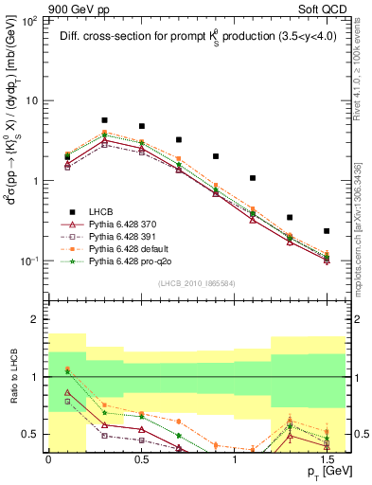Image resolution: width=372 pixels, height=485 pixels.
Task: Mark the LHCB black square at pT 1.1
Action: [x=253, y=178]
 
